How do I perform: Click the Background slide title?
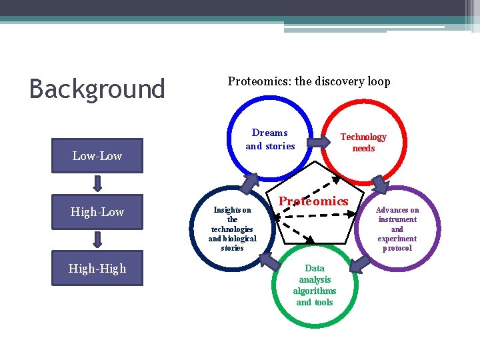coord(97,89)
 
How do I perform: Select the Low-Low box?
coord(97,156)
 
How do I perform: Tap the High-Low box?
coord(97,212)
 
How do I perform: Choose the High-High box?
coord(97,269)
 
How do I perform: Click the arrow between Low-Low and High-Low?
coord(97,183)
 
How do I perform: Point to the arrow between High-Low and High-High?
coord(97,240)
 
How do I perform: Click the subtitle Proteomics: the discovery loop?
coord(309,81)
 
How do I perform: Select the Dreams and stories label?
coord(270,139)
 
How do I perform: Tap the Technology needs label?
coord(363,142)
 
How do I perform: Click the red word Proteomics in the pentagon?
coord(313,201)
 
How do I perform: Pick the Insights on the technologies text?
coord(232,229)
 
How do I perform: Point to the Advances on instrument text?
coord(397,229)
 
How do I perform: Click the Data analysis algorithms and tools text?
coord(315,285)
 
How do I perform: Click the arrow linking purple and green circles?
coord(360,264)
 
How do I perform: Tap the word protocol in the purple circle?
coord(397,248)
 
